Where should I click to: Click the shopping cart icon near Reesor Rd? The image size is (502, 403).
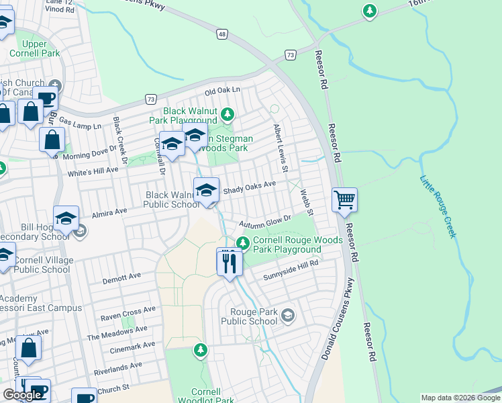pyautogui.click(x=344, y=199)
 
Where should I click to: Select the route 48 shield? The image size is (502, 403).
pyautogui.click(x=221, y=33)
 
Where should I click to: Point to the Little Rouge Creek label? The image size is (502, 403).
pyautogui.click(x=438, y=206)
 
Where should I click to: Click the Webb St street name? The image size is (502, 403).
pyautogui.click(x=307, y=202)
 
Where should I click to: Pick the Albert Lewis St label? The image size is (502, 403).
pyautogui.click(x=279, y=144)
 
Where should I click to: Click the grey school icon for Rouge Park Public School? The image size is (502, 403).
pyautogui.click(x=288, y=315)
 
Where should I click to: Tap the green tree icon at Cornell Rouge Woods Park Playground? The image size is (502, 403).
pyautogui.click(x=244, y=242)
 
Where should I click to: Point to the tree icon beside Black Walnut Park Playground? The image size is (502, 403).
pyautogui.click(x=228, y=114)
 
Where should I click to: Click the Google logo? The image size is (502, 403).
pyautogui.click(x=21, y=395)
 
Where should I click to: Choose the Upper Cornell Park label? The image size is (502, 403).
pyautogui.click(x=34, y=48)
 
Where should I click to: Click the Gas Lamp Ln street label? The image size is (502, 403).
pyautogui.click(x=80, y=124)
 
